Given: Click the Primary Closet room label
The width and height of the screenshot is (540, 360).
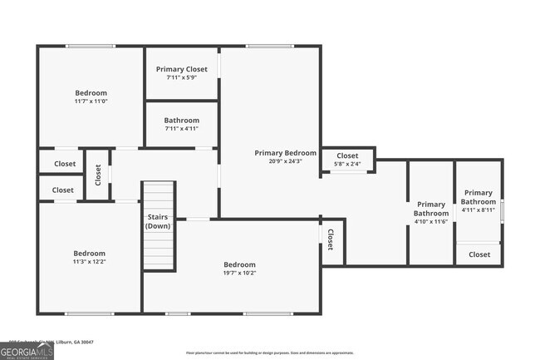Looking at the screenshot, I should click(x=181, y=69).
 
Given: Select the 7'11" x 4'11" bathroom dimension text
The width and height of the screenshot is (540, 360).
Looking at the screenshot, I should click(x=181, y=130).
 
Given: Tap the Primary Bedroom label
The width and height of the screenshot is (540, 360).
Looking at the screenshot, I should click(x=285, y=153).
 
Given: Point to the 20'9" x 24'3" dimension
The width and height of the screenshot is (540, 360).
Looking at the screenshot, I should click(x=285, y=162).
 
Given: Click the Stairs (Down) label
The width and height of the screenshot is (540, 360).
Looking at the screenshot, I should click(x=158, y=222).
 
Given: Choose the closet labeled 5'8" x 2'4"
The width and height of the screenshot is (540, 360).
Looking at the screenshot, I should click(x=347, y=165).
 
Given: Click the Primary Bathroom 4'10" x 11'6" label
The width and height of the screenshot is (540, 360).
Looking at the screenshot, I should click(x=430, y=213).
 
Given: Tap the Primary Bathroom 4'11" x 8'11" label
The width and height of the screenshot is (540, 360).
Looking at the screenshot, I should click(x=479, y=200).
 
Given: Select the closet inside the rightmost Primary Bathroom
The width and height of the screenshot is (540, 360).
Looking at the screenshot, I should click(x=479, y=254).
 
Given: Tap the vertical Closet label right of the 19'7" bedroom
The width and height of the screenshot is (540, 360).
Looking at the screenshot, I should click(x=330, y=239).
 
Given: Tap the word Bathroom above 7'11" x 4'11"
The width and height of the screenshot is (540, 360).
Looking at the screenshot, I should click(x=181, y=121).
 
